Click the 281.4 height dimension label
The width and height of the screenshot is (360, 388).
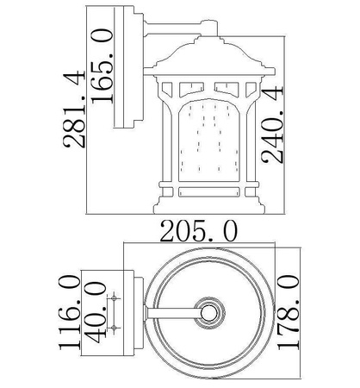pos(74,110)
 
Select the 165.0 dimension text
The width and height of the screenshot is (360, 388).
pos(102,66)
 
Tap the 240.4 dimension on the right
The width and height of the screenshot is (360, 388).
pos(272,125)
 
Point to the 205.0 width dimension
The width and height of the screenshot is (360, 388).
pos(199,231)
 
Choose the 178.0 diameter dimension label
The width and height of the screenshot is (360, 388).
pos(288,312)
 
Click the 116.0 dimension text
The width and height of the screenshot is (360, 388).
pos(70,312)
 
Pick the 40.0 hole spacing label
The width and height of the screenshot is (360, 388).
pos(96,312)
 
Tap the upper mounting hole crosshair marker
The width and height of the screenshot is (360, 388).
pos(114,298)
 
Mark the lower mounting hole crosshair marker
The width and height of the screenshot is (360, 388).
pos(114,328)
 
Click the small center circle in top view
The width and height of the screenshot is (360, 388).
pos(208,313)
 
